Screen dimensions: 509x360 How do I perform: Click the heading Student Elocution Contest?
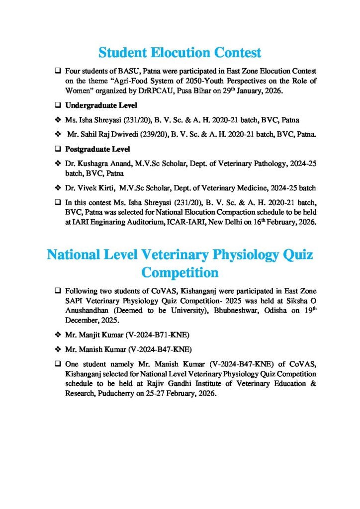[x=180, y=52]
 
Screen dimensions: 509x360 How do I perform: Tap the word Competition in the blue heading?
[x=180, y=273]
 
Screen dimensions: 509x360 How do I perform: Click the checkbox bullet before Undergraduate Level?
[x=58, y=106]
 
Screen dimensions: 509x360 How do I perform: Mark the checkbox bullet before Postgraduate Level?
[x=58, y=149]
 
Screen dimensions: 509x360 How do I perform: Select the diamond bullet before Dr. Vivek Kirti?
[x=58, y=187]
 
